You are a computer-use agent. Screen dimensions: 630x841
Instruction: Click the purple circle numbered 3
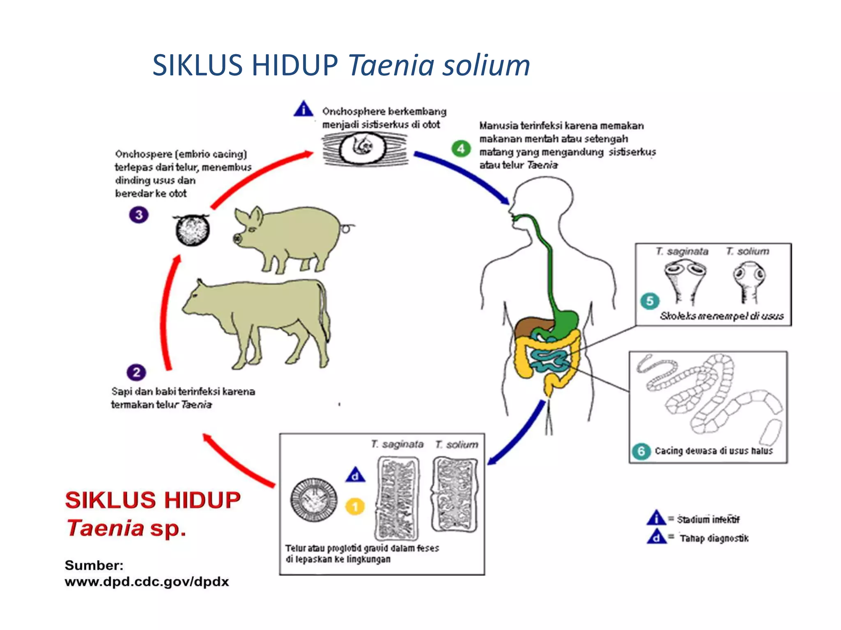(x=139, y=215)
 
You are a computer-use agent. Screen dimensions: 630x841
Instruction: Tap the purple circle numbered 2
(x=136, y=372)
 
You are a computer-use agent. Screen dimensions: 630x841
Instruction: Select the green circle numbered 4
(x=461, y=148)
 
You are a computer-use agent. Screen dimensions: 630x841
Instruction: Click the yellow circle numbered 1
(x=355, y=506)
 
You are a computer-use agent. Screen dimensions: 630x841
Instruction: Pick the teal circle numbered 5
(x=650, y=301)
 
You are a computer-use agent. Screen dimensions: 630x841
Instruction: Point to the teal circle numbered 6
(x=641, y=451)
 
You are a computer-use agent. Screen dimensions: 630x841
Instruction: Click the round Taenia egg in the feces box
(x=314, y=500)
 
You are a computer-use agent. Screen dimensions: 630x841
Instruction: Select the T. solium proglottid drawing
(x=455, y=495)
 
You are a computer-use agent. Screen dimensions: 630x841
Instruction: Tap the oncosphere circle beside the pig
(x=193, y=230)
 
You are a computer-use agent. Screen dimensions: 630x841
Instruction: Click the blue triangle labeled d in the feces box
(x=355, y=475)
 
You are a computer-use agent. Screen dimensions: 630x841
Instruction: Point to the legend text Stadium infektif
(x=708, y=519)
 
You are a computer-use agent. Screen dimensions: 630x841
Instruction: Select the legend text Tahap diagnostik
(x=714, y=538)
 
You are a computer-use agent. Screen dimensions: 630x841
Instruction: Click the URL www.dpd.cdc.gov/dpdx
(x=147, y=582)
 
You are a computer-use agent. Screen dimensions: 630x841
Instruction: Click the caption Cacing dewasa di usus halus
(x=713, y=451)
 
